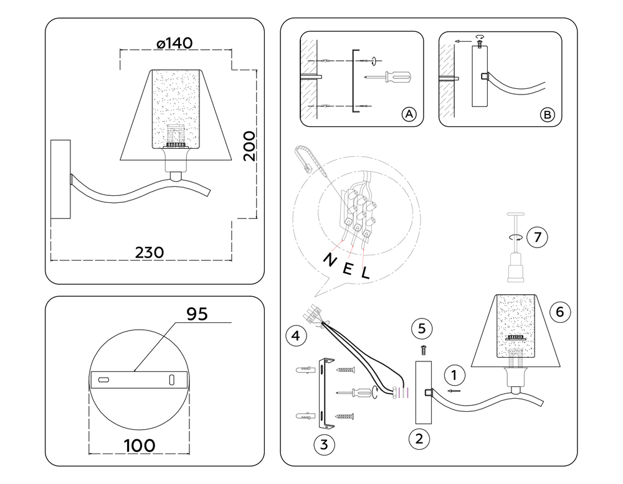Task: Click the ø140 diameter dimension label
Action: [x=174, y=43]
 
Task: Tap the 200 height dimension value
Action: [x=249, y=146]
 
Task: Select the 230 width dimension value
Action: [x=150, y=253]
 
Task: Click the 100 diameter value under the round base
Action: [x=140, y=445]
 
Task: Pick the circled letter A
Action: [x=408, y=114]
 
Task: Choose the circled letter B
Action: [x=547, y=114]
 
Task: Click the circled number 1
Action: [x=455, y=375]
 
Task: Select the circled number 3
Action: [x=323, y=444]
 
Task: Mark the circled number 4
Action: [x=296, y=337]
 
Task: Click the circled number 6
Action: [x=559, y=312]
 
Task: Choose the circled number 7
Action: [x=536, y=237]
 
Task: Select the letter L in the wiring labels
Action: [x=365, y=272]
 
